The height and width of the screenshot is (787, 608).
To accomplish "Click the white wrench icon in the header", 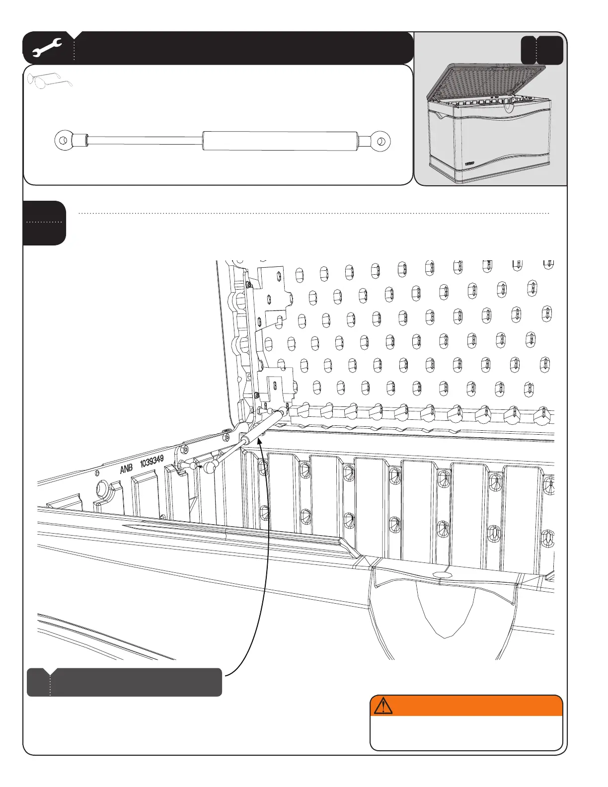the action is click(x=47, y=48).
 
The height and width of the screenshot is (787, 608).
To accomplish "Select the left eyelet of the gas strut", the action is click(x=63, y=141).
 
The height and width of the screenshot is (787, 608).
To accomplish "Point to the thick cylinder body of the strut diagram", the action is click(x=280, y=141).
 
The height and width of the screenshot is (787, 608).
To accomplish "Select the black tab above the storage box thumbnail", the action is click(x=542, y=50).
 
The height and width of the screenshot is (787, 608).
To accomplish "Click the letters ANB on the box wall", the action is click(x=127, y=468).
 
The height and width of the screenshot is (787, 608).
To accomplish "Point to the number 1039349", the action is click(x=152, y=462).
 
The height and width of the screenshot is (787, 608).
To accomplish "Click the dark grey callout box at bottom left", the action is click(x=124, y=682).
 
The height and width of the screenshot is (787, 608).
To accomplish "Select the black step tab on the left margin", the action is click(x=44, y=223).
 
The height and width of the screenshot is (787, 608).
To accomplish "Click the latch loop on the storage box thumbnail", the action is click(x=508, y=107).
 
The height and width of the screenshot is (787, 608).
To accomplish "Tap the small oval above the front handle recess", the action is click(x=444, y=574).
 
